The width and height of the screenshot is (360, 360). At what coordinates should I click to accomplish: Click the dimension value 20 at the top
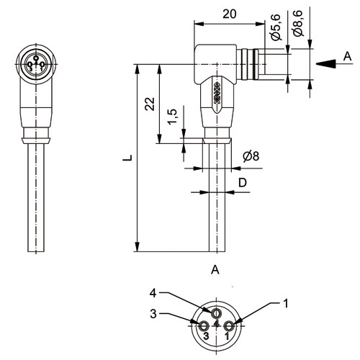coord(230,14)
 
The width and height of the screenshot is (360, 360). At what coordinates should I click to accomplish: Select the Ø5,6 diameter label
coord(276,27)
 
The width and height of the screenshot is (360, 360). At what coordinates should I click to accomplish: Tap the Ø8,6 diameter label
coord(298,23)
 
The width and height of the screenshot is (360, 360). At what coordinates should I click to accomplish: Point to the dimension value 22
coord(150,104)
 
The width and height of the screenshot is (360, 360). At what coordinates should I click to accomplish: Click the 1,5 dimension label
coord(172,117)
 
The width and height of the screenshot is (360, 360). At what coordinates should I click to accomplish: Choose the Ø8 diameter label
coord(251,156)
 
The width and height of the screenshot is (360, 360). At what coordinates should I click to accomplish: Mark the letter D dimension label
coord(243,183)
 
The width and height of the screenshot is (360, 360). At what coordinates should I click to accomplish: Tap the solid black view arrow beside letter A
coord(325,63)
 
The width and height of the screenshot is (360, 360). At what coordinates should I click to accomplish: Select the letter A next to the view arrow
coord(347,56)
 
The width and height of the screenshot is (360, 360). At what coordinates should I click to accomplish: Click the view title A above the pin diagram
coord(215,269)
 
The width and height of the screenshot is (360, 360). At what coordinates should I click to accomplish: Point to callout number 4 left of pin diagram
coord(153,293)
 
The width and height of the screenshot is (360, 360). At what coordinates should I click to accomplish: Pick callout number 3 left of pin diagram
coord(153,314)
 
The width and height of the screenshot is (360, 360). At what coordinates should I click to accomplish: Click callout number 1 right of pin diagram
coord(285,303)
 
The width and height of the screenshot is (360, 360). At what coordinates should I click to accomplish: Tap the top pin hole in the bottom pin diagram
coord(216,313)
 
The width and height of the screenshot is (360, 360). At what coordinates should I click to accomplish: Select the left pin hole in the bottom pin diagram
coord(204,325)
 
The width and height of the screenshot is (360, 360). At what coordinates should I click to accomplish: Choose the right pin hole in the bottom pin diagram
coord(228,325)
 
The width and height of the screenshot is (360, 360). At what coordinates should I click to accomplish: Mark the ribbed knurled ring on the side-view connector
coord(250,64)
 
